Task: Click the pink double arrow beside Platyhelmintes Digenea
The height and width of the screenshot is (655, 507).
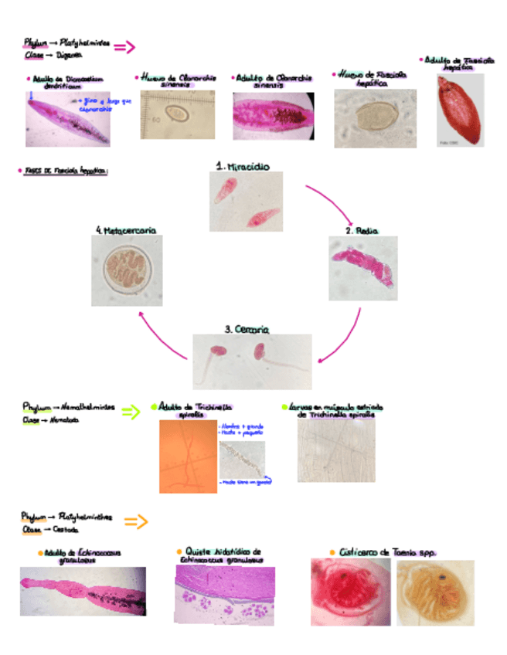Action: click(124, 48)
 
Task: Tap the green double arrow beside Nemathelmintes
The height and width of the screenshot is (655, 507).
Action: click(131, 412)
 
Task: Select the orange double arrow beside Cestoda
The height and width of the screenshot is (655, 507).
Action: click(135, 522)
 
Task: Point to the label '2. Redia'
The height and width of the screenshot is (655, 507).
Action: click(361, 230)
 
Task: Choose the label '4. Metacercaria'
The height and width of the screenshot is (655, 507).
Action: click(127, 230)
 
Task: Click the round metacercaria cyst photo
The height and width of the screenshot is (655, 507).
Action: click(128, 271)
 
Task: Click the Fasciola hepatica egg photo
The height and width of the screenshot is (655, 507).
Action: click(375, 117)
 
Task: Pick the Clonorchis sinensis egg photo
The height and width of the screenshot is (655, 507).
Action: click(178, 114)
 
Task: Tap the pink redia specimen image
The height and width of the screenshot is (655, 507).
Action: click(363, 267)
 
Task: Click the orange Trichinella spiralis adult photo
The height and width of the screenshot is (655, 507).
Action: click(188, 456)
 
